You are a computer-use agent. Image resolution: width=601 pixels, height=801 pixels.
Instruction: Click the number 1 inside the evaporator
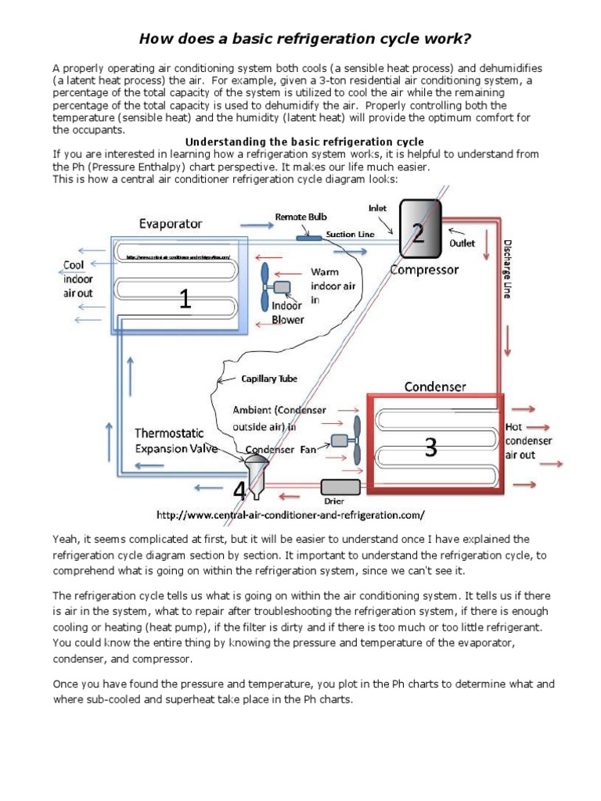point(185,299)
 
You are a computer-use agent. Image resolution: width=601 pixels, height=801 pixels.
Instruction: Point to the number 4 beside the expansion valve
point(239,491)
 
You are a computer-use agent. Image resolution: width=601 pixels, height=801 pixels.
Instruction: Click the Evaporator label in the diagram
point(170,223)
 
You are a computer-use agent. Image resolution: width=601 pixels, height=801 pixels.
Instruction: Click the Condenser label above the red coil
point(435,386)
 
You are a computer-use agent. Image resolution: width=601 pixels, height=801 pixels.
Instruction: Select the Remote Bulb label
point(300,216)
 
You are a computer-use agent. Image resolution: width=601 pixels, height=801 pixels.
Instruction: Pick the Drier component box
point(340,487)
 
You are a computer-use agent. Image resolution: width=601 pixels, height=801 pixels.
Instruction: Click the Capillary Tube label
point(268,379)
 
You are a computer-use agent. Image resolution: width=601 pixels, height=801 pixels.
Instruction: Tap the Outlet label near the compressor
point(461,242)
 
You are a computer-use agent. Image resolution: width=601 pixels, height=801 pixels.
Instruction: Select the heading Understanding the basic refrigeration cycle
point(304,142)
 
